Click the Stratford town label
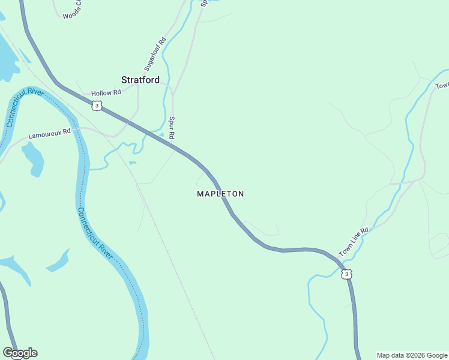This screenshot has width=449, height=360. point(140,80)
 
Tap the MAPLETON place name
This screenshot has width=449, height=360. point(220,194)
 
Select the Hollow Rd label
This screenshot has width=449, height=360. point(106,93)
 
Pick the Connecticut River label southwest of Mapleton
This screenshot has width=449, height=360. point(95,234)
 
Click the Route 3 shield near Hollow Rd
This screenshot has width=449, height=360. point(97,106)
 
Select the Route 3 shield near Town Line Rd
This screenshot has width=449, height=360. point(346,274)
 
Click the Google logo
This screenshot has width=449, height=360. point(20,353)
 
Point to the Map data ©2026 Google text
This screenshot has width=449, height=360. point(412,355)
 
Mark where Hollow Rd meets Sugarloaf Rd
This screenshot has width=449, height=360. point(138,85)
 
